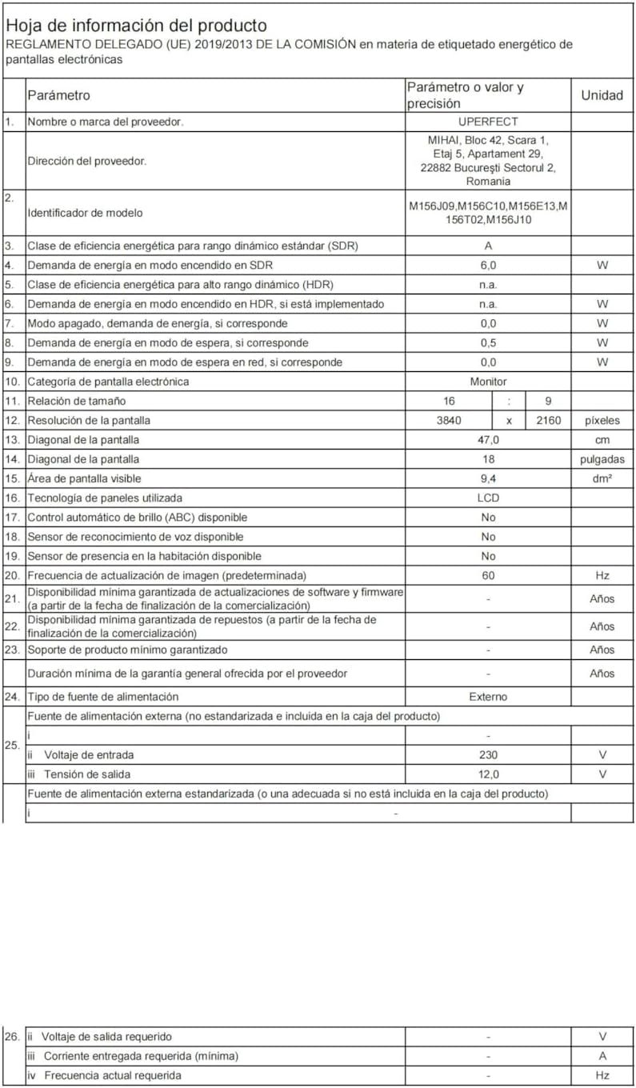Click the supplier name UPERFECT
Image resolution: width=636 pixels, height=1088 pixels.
click(x=488, y=122)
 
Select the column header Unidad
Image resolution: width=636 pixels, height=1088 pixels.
click(x=602, y=95)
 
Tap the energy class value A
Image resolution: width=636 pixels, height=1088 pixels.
click(x=488, y=246)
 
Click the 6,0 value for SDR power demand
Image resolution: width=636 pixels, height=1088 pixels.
click(x=488, y=265)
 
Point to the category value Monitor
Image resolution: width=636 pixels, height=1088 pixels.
click(x=488, y=382)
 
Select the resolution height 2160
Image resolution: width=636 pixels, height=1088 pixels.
click(x=547, y=420)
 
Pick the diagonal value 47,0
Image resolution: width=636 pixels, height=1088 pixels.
click(x=488, y=440)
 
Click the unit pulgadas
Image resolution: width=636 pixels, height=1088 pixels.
click(x=602, y=459)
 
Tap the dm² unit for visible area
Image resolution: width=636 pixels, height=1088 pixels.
click(x=602, y=478)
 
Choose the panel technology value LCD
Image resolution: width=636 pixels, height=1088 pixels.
click(x=488, y=498)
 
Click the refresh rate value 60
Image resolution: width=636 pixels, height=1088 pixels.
click(x=488, y=575)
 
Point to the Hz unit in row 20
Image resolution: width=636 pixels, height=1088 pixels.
click(x=602, y=575)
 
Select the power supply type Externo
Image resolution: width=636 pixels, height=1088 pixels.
click(x=488, y=697)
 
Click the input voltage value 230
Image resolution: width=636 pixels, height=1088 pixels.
click(x=488, y=754)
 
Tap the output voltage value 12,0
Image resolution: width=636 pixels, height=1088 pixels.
click(x=488, y=774)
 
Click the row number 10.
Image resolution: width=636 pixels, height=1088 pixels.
click(x=12, y=382)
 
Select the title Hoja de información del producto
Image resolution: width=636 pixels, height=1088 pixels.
click(x=137, y=26)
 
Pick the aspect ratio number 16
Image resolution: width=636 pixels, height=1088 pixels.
click(x=448, y=401)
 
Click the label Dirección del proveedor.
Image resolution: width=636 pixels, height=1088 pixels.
click(x=87, y=161)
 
